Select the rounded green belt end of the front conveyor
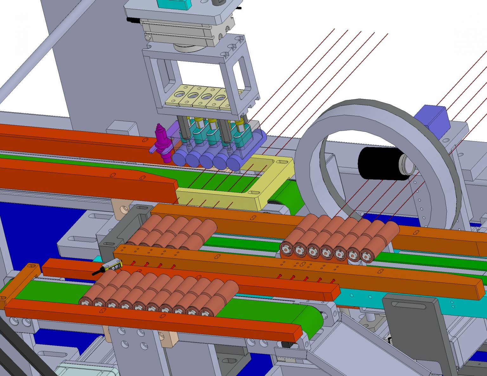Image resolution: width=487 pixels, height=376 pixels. (x=312, y=320)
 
